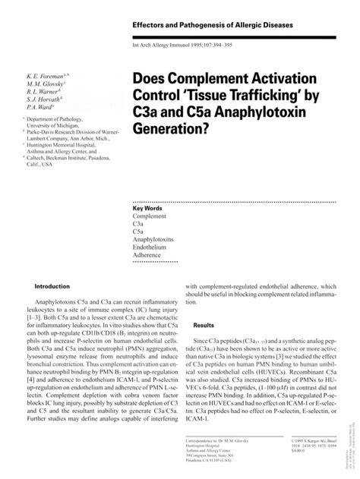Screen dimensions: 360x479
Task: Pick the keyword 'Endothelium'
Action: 150,248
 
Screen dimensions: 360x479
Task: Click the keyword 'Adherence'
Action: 148,258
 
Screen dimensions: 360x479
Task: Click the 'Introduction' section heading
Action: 48,286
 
